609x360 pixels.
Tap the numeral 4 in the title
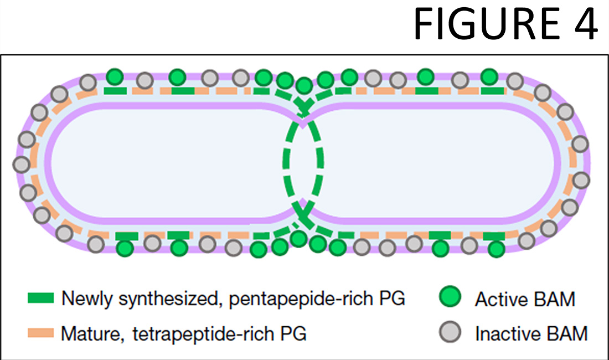583,25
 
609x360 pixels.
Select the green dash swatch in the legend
40,299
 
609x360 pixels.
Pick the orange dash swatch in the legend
40,333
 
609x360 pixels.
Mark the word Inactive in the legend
506,334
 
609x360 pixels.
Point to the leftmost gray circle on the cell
21,164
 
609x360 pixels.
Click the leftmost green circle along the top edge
114,76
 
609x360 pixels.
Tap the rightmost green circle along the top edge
489,76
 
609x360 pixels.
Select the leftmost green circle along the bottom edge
125,249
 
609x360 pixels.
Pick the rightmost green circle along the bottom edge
497,249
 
